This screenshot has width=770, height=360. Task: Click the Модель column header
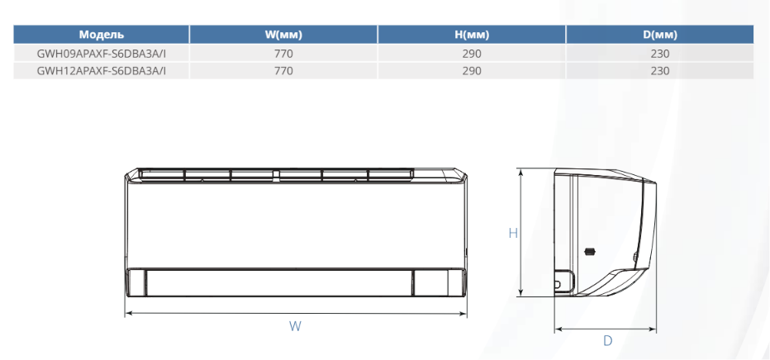pos(101,35)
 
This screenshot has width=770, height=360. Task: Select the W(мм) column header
pos(283,35)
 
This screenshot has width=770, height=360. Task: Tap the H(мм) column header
pos(472,35)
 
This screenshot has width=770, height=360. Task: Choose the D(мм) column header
pos(660,35)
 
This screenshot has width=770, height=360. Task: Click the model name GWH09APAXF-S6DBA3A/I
pos(102,54)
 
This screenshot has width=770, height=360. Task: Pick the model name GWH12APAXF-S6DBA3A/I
pos(102,71)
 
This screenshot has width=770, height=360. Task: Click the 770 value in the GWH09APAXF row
pos(283,54)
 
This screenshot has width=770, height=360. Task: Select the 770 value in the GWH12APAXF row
pos(283,71)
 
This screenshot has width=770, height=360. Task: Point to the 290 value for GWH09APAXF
pos(472,54)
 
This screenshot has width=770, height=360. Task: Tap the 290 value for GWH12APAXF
pos(472,71)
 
